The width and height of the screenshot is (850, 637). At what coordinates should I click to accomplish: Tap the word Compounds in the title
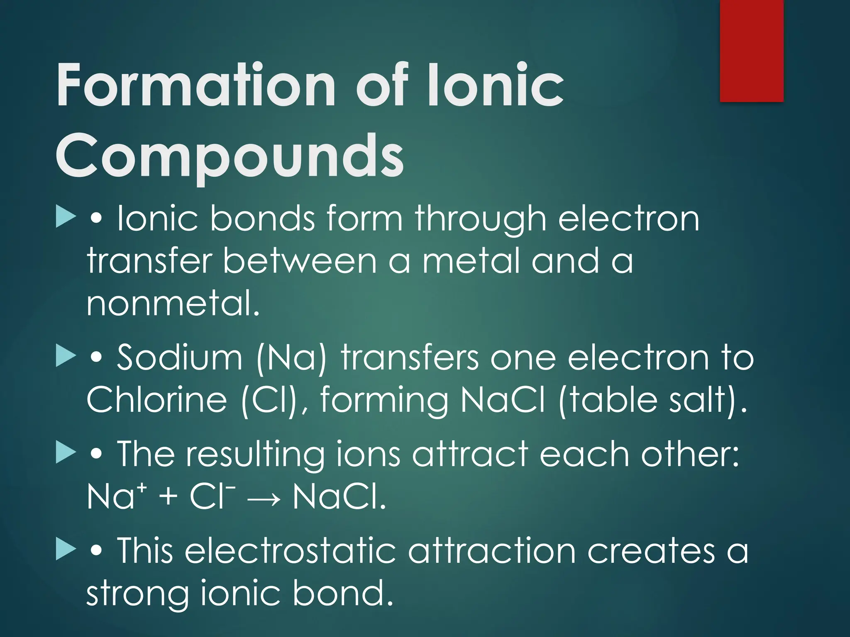click(230, 157)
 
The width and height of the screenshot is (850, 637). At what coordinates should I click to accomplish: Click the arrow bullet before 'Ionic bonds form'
click(66, 217)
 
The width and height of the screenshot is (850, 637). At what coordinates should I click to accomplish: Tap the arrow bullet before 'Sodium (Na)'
click(66, 356)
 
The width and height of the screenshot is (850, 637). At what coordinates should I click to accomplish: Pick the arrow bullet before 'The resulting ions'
click(66, 453)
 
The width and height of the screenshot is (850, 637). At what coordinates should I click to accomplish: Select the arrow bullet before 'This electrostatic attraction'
click(66, 550)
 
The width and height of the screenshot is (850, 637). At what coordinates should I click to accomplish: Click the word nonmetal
click(173, 302)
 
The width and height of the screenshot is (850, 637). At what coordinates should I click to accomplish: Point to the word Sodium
click(179, 357)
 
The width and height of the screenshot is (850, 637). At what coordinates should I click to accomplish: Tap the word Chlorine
click(157, 399)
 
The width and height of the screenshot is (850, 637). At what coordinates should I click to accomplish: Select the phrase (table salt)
click(652, 399)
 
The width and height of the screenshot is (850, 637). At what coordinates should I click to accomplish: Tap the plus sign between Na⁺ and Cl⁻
click(168, 497)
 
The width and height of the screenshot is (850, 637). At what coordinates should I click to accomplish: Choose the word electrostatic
click(290, 551)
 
